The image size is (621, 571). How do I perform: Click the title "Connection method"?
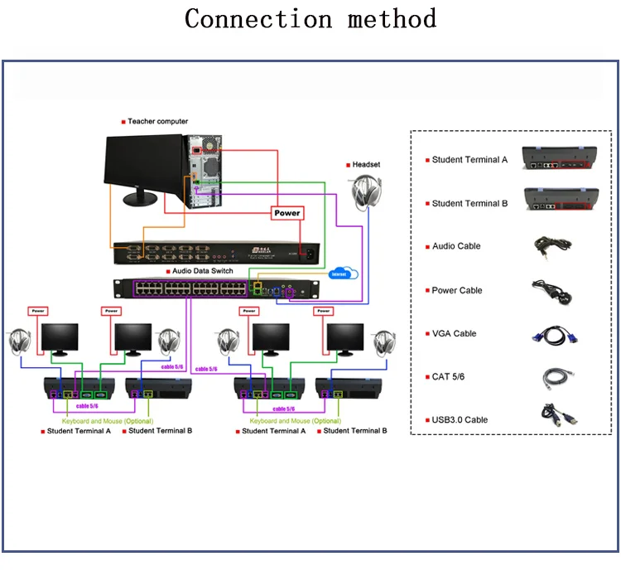[310, 17]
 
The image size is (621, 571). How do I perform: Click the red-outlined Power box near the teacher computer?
[286, 213]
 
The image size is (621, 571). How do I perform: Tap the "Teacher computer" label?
[157, 122]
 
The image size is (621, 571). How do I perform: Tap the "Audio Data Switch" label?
[202, 271]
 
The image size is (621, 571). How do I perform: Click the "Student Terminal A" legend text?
[469, 160]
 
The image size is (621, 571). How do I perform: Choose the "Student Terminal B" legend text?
[469, 203]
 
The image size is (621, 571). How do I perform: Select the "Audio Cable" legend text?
[456, 246]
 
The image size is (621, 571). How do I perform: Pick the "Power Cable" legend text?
[457, 290]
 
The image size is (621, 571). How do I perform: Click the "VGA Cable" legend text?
[455, 333]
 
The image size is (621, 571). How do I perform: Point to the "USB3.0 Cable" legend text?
[460, 419]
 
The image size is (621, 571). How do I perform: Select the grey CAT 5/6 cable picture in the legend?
[554, 377]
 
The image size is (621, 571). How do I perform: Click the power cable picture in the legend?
[553, 291]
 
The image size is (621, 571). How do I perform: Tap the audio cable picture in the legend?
[548, 245]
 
